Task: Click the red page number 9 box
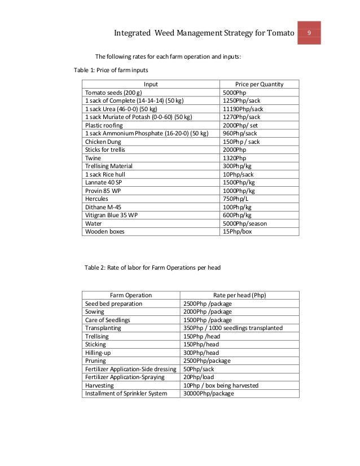coord(309,33)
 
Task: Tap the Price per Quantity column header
coord(259,84)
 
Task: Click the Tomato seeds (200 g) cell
coord(113,93)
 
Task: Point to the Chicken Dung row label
coord(103,142)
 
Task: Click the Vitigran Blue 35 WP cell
coord(112,215)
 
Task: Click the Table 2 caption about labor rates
coord(152,267)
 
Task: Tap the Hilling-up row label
coord(99,353)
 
